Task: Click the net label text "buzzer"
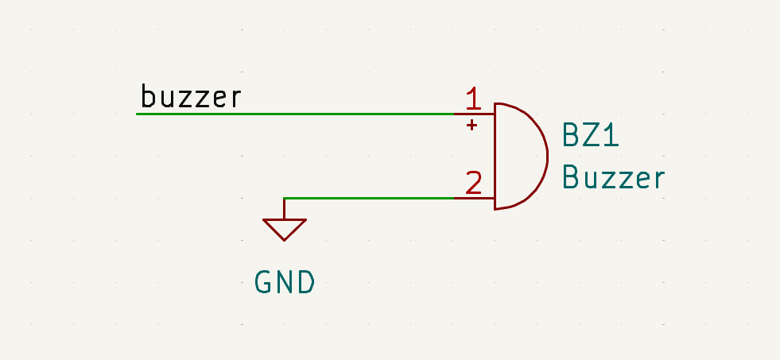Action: (191, 97)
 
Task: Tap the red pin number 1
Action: (473, 99)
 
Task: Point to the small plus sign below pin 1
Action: (472, 125)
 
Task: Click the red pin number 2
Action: (473, 184)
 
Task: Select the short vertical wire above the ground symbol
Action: (284, 208)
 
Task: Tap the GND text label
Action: (285, 282)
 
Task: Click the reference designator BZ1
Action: (591, 135)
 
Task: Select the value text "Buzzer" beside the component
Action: (612, 177)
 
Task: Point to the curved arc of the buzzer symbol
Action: (545, 155)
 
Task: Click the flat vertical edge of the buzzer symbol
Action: (495, 156)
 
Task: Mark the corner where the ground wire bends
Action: (284, 198)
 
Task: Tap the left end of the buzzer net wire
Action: (138, 114)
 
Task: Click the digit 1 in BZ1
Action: (611, 135)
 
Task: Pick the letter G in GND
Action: (264, 282)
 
